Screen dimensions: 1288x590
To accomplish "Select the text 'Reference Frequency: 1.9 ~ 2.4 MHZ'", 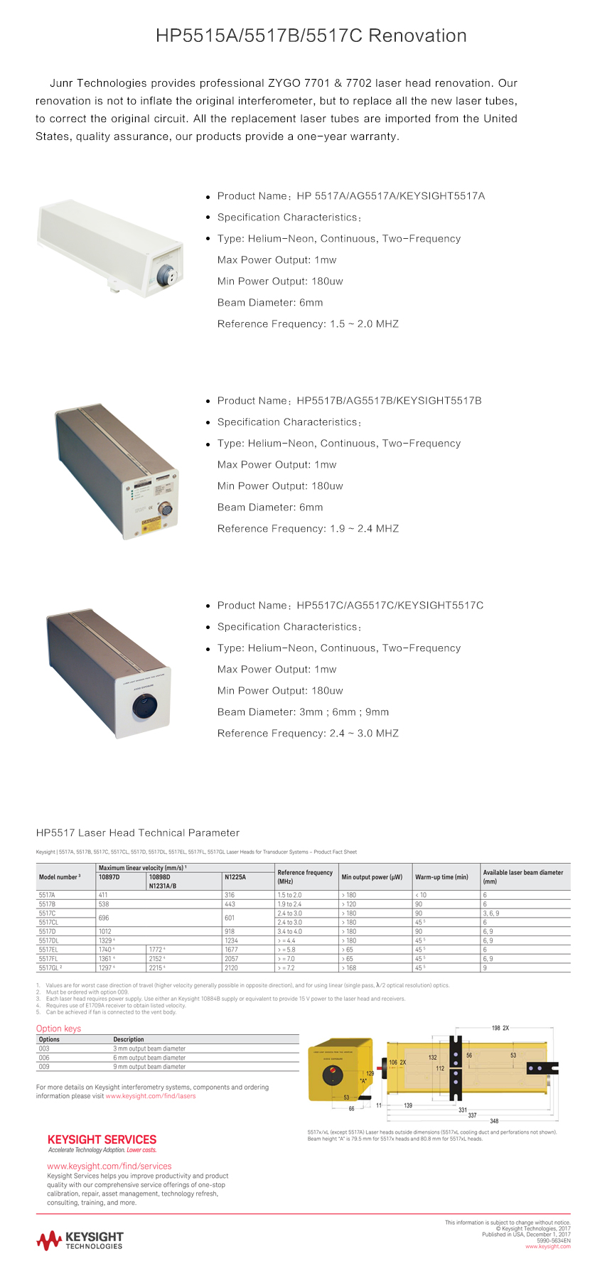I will pyautogui.click(x=308, y=529).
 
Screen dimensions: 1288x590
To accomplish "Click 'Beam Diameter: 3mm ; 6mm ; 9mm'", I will pyautogui.click(x=303, y=712).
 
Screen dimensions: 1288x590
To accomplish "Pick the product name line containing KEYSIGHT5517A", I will pyautogui.click(x=351, y=196).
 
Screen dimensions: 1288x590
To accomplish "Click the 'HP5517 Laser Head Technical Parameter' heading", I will pyautogui.click(x=138, y=833).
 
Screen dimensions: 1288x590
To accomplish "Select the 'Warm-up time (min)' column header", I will pyautogui.click(x=441, y=877).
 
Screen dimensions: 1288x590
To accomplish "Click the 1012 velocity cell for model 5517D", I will pyautogui.click(x=105, y=931).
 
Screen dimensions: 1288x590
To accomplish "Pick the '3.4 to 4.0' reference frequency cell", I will pyautogui.click(x=289, y=931).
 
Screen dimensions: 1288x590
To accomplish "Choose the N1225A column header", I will pyautogui.click(x=235, y=877).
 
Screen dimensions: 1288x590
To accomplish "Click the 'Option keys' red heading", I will pyautogui.click(x=58, y=1029).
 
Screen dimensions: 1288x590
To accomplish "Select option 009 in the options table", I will pyautogui.click(x=44, y=1067).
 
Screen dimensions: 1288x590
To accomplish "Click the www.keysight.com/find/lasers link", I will pyautogui.click(x=151, y=1096).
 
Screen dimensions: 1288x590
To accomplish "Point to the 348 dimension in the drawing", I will pyautogui.click(x=494, y=1121).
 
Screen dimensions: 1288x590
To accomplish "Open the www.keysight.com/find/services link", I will pyautogui.click(x=109, y=1166).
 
